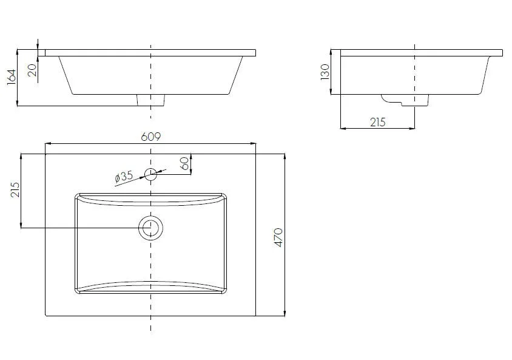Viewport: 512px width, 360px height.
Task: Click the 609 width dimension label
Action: [151, 137]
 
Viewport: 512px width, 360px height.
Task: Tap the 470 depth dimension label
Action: [278, 237]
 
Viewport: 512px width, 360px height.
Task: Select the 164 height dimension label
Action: [12, 77]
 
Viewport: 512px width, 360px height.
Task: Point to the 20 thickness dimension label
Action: [32, 70]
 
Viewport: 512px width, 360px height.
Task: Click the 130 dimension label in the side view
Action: [325, 72]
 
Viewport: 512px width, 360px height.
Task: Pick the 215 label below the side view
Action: [378, 122]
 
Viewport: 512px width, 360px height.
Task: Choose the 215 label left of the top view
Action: [15, 190]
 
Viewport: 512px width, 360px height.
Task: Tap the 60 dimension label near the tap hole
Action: [184, 163]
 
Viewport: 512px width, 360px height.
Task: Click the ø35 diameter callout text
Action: [124, 177]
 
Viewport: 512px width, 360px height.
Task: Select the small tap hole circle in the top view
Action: [151, 169]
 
